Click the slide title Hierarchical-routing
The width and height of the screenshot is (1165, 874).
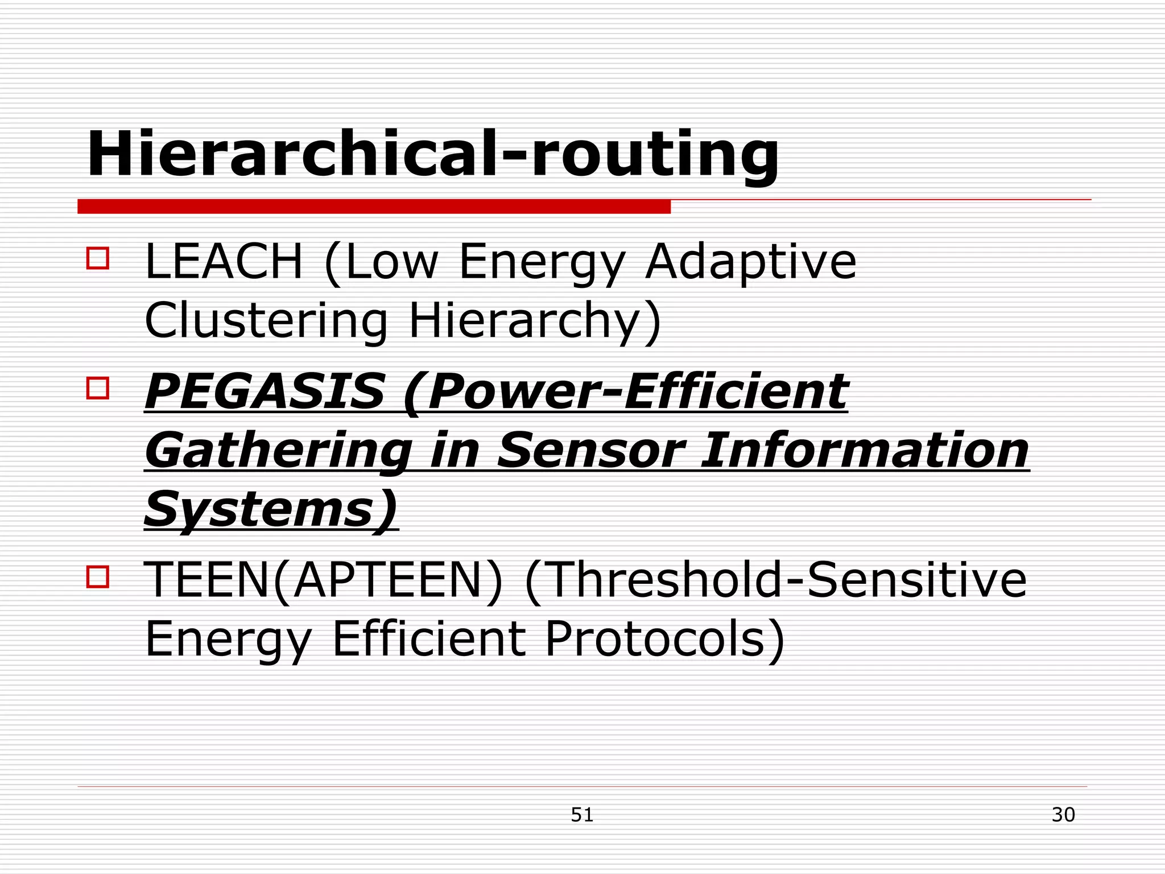click(x=432, y=155)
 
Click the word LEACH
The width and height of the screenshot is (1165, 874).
click(x=224, y=262)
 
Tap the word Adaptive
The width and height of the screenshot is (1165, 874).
click(x=750, y=262)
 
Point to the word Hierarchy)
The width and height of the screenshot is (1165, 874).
click(x=535, y=321)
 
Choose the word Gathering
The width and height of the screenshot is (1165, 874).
click(x=279, y=451)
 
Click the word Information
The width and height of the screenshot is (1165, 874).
click(x=865, y=451)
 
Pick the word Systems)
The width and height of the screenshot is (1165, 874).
click(x=271, y=509)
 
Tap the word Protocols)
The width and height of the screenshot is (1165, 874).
click(x=664, y=639)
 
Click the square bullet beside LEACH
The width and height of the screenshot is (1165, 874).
click(x=97, y=258)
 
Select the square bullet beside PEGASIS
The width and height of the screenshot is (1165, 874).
click(x=97, y=388)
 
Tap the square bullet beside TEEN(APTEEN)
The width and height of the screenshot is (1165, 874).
click(x=97, y=576)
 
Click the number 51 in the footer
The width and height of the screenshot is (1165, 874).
click(x=582, y=815)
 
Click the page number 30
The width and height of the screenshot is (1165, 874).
click(x=1063, y=815)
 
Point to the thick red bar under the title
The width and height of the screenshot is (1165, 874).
click(x=374, y=206)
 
